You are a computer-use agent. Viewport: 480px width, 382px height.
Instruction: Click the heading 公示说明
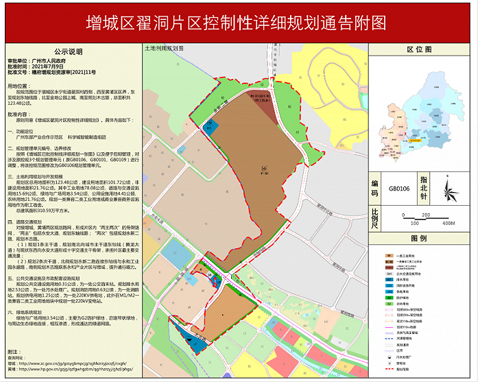[68, 51]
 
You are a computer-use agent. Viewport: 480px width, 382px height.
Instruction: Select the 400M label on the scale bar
[448, 224]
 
